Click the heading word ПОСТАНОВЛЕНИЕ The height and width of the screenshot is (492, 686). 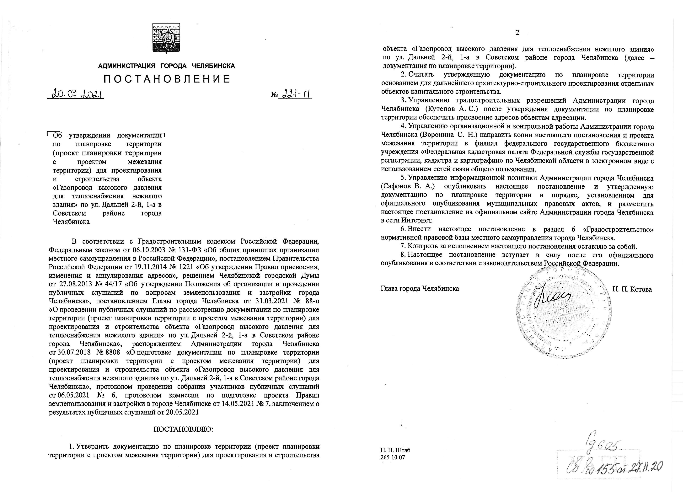coord(167,79)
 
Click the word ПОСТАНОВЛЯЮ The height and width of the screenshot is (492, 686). coord(183,429)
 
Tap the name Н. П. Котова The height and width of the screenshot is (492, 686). coord(632,289)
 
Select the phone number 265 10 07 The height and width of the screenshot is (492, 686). coord(392,457)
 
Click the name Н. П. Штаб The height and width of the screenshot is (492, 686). coord(395,450)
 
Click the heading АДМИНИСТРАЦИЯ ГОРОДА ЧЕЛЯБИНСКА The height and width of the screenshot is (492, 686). coord(166,66)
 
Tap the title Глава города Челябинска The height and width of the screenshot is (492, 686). coord(420,288)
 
